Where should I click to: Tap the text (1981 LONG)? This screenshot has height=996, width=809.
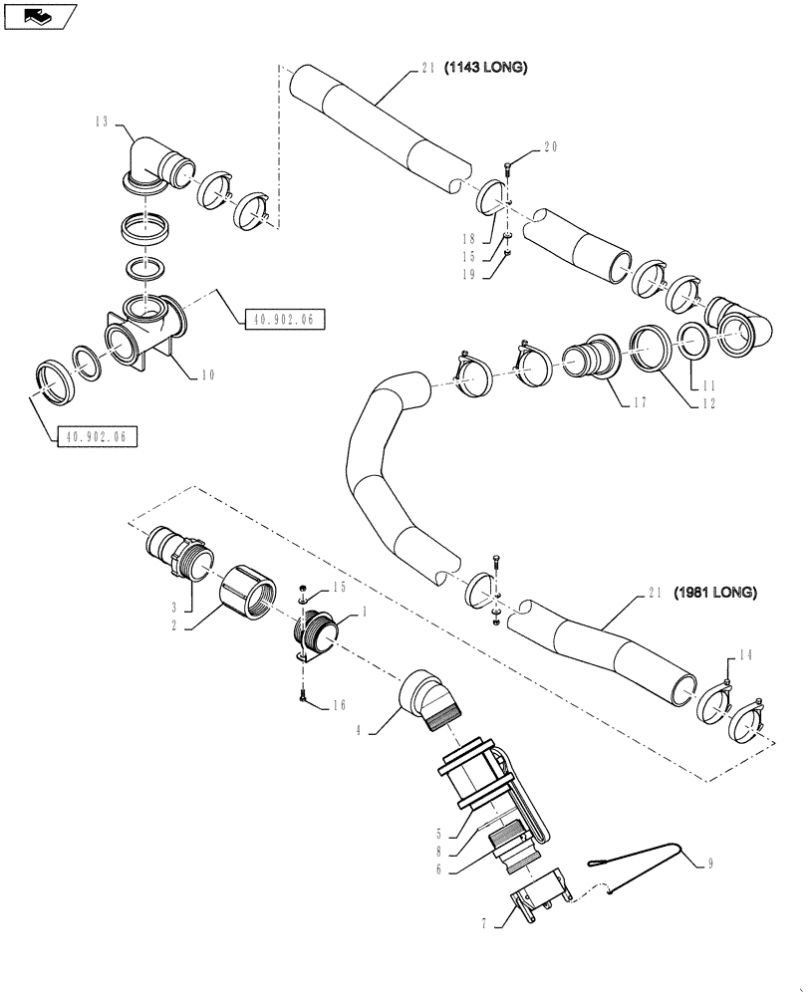coord(714,593)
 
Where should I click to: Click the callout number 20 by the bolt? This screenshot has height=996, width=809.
coord(551,147)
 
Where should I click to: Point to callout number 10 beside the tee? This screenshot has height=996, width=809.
coord(207,375)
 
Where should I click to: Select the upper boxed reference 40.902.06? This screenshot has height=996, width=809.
coord(283,319)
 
